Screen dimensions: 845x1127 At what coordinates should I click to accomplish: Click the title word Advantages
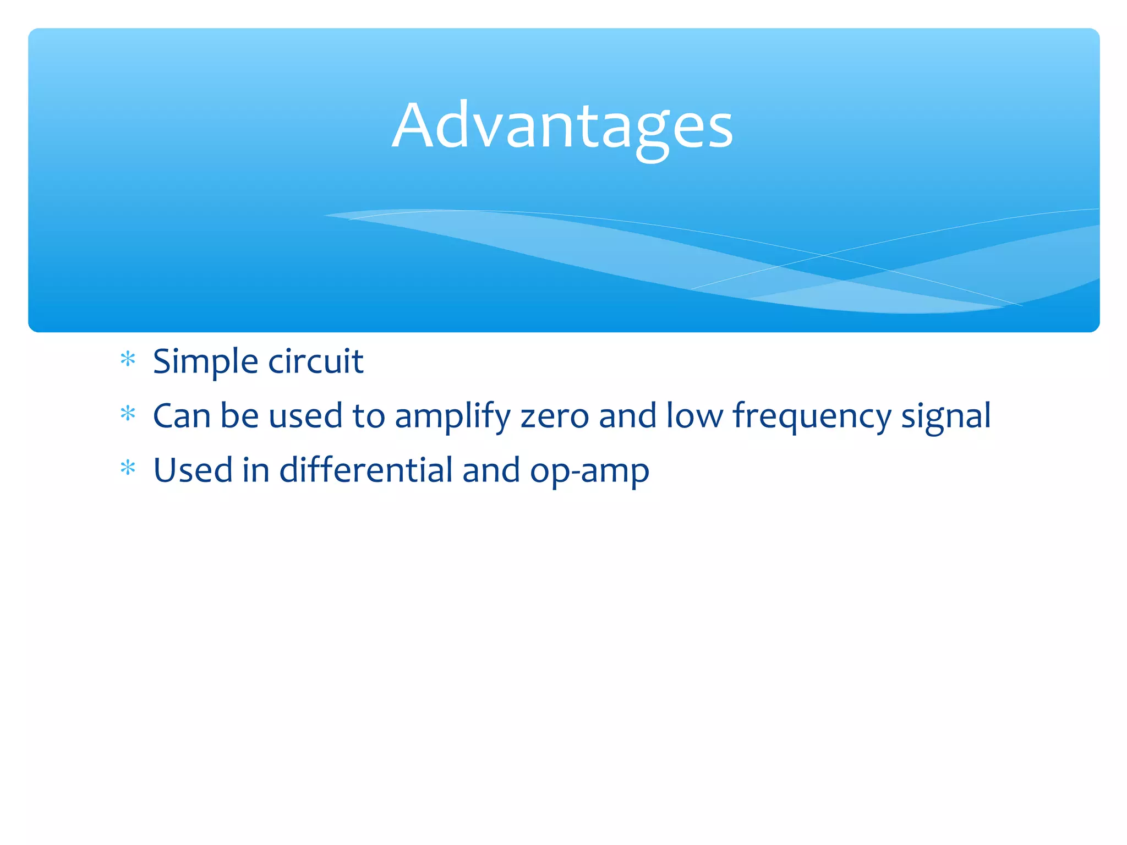tap(562, 127)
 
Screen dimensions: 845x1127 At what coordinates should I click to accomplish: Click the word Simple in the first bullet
tap(205, 362)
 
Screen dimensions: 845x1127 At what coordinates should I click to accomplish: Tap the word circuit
tap(316, 362)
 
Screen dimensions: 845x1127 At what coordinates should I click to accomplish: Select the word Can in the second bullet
tap(182, 416)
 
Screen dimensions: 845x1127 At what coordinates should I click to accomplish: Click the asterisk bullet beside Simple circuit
tap(128, 359)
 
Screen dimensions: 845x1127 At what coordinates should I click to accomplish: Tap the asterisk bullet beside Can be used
tap(128, 413)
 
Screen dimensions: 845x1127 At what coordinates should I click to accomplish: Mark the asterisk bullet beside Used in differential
tap(128, 468)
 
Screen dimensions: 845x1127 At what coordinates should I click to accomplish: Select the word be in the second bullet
tap(239, 416)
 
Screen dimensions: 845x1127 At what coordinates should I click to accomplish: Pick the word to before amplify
tap(369, 416)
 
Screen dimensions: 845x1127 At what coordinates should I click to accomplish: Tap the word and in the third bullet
tap(491, 471)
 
